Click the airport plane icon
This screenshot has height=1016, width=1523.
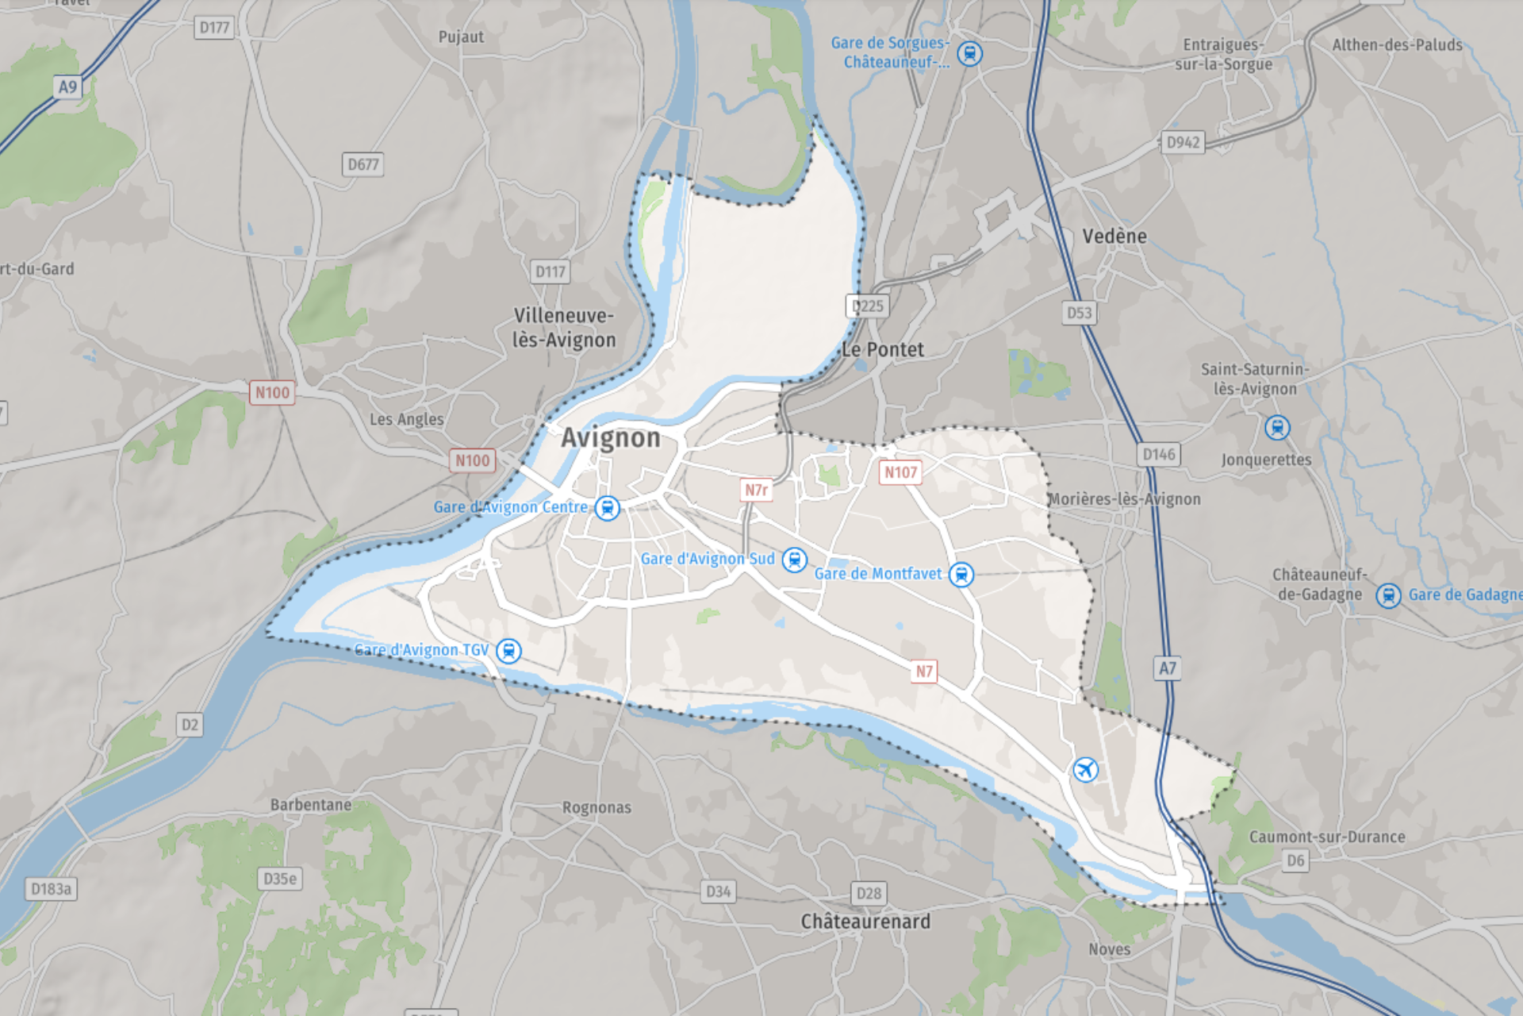[1085, 769]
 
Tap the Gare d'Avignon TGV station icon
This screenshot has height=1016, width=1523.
[508, 651]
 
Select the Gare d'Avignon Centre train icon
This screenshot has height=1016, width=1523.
[607, 508]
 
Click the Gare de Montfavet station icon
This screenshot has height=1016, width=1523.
[961, 574]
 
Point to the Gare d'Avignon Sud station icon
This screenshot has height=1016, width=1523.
[794, 560]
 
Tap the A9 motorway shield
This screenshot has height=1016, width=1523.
[67, 87]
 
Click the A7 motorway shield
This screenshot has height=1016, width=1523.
[1167, 668]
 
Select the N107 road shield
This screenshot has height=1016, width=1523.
[900, 472]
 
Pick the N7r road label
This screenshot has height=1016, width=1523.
[756, 490]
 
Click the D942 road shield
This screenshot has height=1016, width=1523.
[1183, 142]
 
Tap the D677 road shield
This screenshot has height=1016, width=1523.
[363, 164]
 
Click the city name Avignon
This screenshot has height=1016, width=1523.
[610, 438]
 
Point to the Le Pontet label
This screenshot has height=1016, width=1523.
[883, 350]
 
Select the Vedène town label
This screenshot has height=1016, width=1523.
[1114, 237]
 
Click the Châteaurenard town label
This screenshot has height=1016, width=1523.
[865, 922]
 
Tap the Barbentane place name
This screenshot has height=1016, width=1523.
[310, 805]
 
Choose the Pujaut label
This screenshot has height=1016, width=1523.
[461, 37]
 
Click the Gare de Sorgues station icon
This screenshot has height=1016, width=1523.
[969, 53]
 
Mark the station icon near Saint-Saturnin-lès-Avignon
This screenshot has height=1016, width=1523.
[1276, 428]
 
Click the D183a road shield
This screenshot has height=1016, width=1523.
[51, 889]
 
